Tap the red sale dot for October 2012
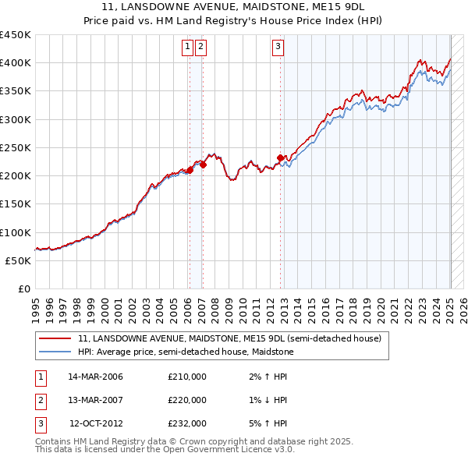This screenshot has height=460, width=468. (280, 157)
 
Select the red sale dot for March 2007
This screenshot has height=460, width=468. (203, 165)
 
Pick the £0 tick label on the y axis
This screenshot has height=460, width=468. (23, 288)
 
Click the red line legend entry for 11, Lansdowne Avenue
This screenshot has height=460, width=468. (229, 339)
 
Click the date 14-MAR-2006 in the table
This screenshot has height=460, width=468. (95, 377)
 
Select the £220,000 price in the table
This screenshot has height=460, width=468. (187, 400)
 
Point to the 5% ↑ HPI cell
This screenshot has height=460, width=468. (268, 423)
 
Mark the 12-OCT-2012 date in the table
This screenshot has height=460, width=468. (95, 423)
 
